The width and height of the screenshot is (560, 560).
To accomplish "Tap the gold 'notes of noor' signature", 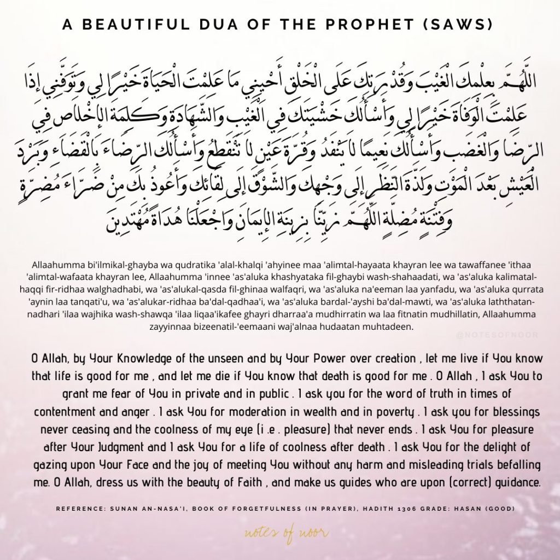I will [280, 531].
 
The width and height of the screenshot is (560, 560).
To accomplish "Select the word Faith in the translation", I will [304, 484].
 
